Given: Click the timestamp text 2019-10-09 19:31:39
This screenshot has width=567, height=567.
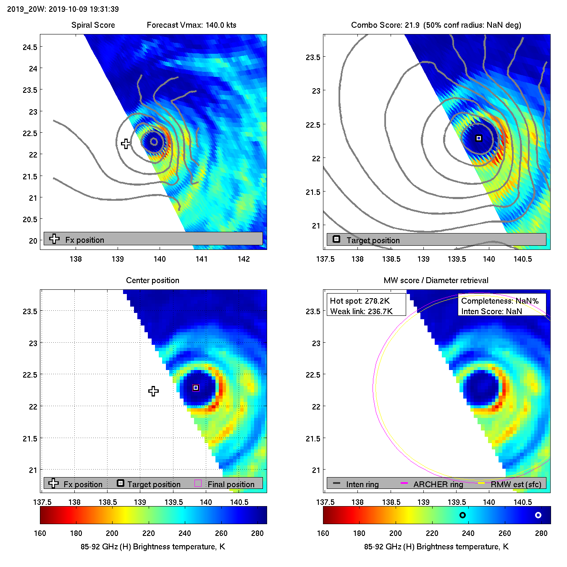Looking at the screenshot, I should coord(84,9).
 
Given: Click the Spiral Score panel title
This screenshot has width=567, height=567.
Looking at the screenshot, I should coord(93,25).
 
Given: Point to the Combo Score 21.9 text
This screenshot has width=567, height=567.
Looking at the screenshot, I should coord(385,25).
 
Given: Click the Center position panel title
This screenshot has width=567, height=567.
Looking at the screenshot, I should coord(152,280).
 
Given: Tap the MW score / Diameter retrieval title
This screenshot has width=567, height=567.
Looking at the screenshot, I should coord(436,280).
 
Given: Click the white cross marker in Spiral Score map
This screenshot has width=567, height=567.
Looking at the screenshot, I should coord(126,144).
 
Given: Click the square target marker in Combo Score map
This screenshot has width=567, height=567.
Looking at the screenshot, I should coord(478,138).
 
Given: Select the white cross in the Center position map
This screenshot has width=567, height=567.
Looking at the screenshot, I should coord(153,391).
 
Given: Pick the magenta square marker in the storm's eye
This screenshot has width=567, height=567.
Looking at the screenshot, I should coord(196,388).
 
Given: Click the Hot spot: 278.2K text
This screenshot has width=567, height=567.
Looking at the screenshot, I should coord(360,301).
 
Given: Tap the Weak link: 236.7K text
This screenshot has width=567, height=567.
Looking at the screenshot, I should coord(361,311).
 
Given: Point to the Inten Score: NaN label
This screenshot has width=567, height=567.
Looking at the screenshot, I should coord(491,311).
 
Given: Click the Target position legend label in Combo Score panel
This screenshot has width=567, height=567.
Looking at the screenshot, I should coord(373,240).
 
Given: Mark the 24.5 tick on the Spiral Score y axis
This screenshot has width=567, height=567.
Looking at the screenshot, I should coord(30,47).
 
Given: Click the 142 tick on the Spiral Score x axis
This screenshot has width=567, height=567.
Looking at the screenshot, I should coord(244,259).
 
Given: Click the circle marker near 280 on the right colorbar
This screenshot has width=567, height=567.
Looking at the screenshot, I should coord(538,515).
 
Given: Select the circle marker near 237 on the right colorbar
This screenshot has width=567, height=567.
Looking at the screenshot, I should coord(462,515).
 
